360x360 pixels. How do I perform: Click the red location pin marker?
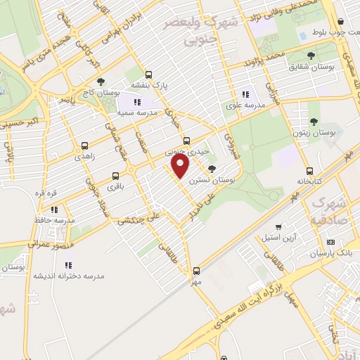(181, 167)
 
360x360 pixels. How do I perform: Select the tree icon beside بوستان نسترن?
(212, 168)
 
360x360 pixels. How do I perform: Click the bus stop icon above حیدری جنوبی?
(186, 140)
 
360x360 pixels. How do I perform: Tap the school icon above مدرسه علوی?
(245, 94)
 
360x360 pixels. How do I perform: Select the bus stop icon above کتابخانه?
(309, 170)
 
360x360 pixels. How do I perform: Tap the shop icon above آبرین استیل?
(280, 227)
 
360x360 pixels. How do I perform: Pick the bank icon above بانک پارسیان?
(331, 241)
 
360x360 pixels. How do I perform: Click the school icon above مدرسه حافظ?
(53, 209)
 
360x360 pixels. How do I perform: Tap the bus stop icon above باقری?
(115, 176)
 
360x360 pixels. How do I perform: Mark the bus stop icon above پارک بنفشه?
(148, 75)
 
